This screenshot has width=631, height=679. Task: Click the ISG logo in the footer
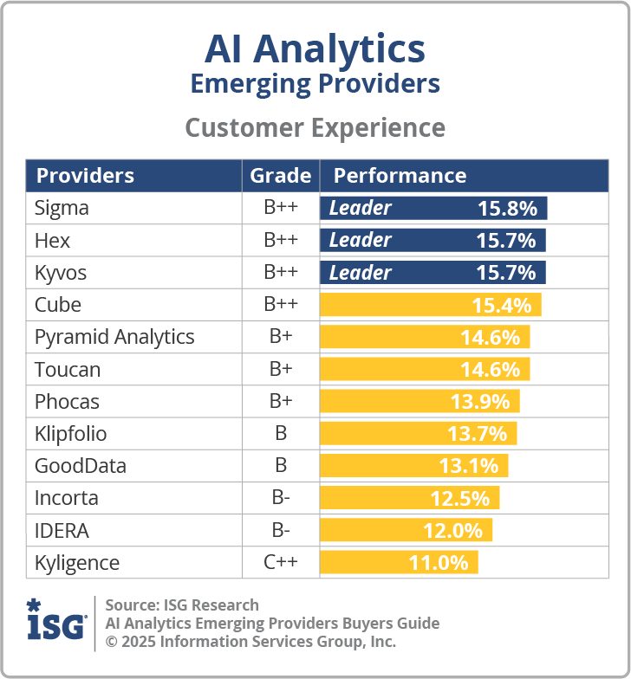pyautogui.click(x=56, y=621)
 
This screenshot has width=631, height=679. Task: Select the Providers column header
pyautogui.click(x=85, y=176)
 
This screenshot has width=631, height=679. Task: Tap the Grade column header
pyautogui.click(x=281, y=176)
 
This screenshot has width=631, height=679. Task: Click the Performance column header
pyautogui.click(x=400, y=176)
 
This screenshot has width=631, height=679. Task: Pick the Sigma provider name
pyautogui.click(x=62, y=208)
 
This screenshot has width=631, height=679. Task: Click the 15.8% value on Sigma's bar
pyautogui.click(x=507, y=208)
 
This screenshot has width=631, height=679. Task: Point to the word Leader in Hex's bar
pyautogui.click(x=361, y=240)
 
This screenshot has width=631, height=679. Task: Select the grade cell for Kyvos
pyautogui.click(x=281, y=273)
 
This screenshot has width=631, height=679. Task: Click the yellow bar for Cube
pyautogui.click(x=431, y=305)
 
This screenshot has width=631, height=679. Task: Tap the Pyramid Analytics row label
pyautogui.click(x=114, y=337)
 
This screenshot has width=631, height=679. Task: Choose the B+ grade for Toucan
pyautogui.click(x=281, y=369)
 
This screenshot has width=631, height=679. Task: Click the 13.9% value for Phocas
pyautogui.click(x=480, y=401)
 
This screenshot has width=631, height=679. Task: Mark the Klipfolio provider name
pyautogui.click(x=71, y=433)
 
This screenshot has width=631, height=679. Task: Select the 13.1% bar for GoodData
pyautogui.click(x=414, y=466)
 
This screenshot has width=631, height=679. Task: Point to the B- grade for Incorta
pyautogui.click(x=281, y=498)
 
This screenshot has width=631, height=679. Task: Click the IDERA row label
pyautogui.click(x=62, y=530)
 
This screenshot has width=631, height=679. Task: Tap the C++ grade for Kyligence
pyautogui.click(x=281, y=562)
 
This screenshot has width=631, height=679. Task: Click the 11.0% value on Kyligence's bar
pyautogui.click(x=439, y=562)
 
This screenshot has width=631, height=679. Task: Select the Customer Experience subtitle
pyautogui.click(x=315, y=127)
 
